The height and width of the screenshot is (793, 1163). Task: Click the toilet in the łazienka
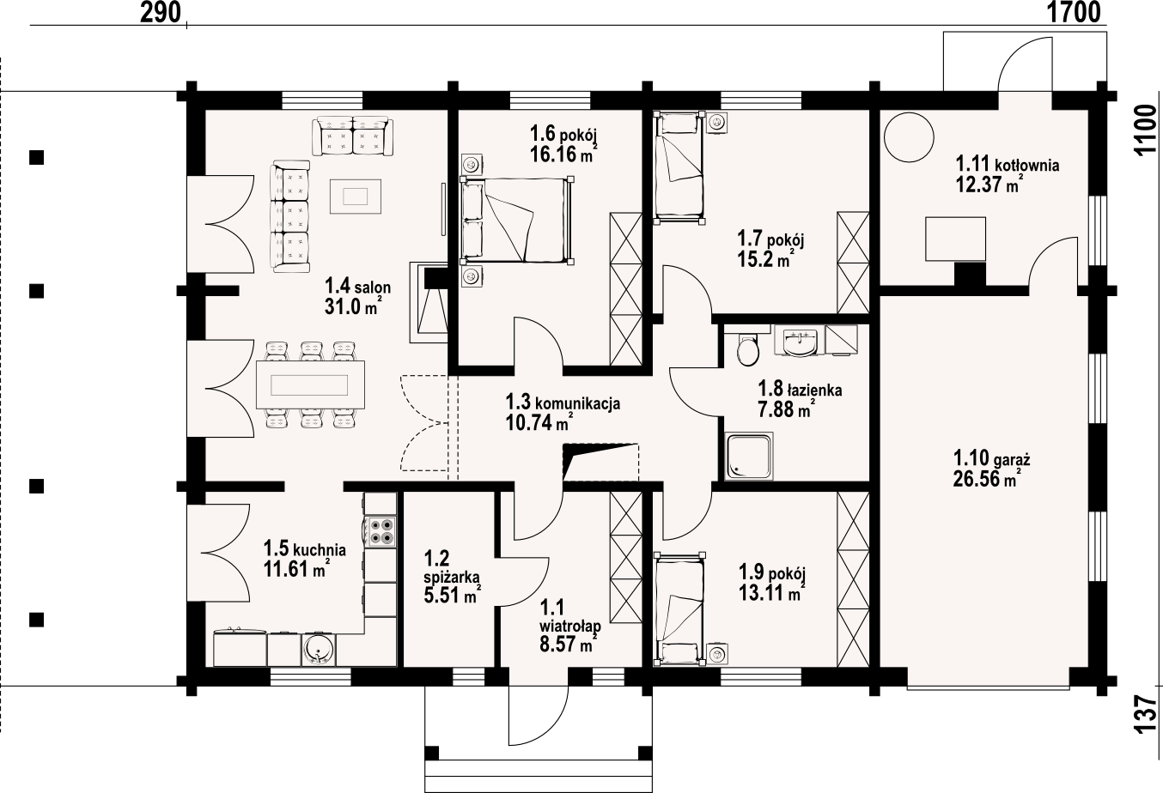(x=747, y=348)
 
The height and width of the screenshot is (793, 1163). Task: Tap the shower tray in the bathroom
(x=750, y=456)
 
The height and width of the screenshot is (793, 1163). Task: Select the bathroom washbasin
(x=800, y=341)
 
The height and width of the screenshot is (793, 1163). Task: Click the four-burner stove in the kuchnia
(x=380, y=531)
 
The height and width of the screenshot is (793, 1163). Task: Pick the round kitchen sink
(x=320, y=649)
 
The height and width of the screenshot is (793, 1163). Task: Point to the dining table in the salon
(x=310, y=384)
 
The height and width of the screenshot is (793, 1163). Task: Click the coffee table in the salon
(x=356, y=196)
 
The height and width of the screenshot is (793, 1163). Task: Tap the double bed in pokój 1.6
(x=517, y=220)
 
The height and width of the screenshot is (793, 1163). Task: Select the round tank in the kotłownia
(x=909, y=137)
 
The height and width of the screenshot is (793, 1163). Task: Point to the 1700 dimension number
(x=1072, y=13)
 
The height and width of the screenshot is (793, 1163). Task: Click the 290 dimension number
(x=160, y=13)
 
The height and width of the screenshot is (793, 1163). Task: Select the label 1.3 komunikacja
(x=563, y=402)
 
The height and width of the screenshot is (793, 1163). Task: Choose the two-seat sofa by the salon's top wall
(x=353, y=136)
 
